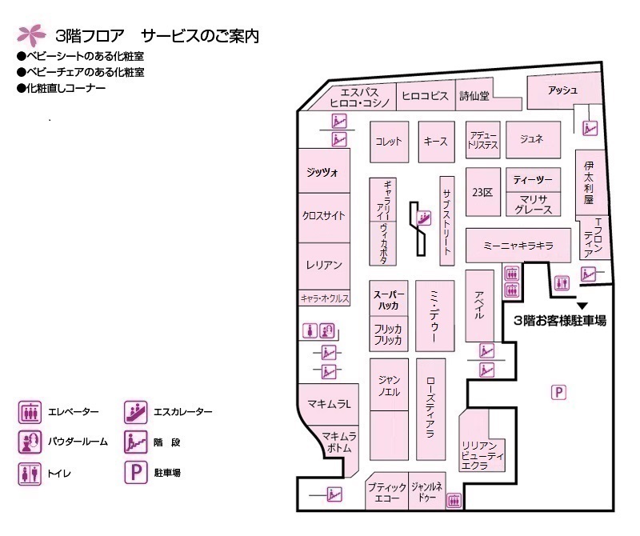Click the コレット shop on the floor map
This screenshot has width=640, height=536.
pos(389,142)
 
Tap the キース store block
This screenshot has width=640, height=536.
pos(436,142)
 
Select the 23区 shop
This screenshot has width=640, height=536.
pos(483,192)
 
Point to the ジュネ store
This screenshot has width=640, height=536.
pos(533,139)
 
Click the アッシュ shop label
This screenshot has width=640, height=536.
pos(562,90)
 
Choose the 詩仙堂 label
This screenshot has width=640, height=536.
pos(474,95)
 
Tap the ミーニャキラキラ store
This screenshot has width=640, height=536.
pos(518,245)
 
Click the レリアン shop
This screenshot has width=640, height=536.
pos(324,266)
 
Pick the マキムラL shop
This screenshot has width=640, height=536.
pos(329,404)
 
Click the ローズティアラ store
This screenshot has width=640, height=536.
pos(430,409)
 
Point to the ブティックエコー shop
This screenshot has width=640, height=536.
pos(387,491)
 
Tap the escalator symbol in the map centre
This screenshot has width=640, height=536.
pos(424,218)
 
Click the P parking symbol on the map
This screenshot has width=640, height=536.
pos(558,392)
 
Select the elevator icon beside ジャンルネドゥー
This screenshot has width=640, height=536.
pos(454,500)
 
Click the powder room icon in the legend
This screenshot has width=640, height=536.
pos(30,442)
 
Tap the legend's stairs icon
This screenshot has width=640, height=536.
pos(135,442)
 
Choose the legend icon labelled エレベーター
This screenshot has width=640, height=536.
pos(30,412)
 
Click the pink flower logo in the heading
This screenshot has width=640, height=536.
pos(30,35)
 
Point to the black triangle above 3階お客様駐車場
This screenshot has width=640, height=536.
pos(582,306)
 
